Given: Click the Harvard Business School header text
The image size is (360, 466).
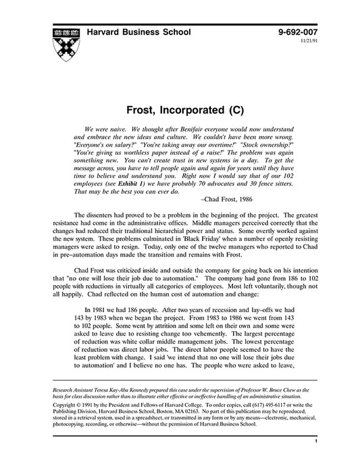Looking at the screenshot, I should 138,32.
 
